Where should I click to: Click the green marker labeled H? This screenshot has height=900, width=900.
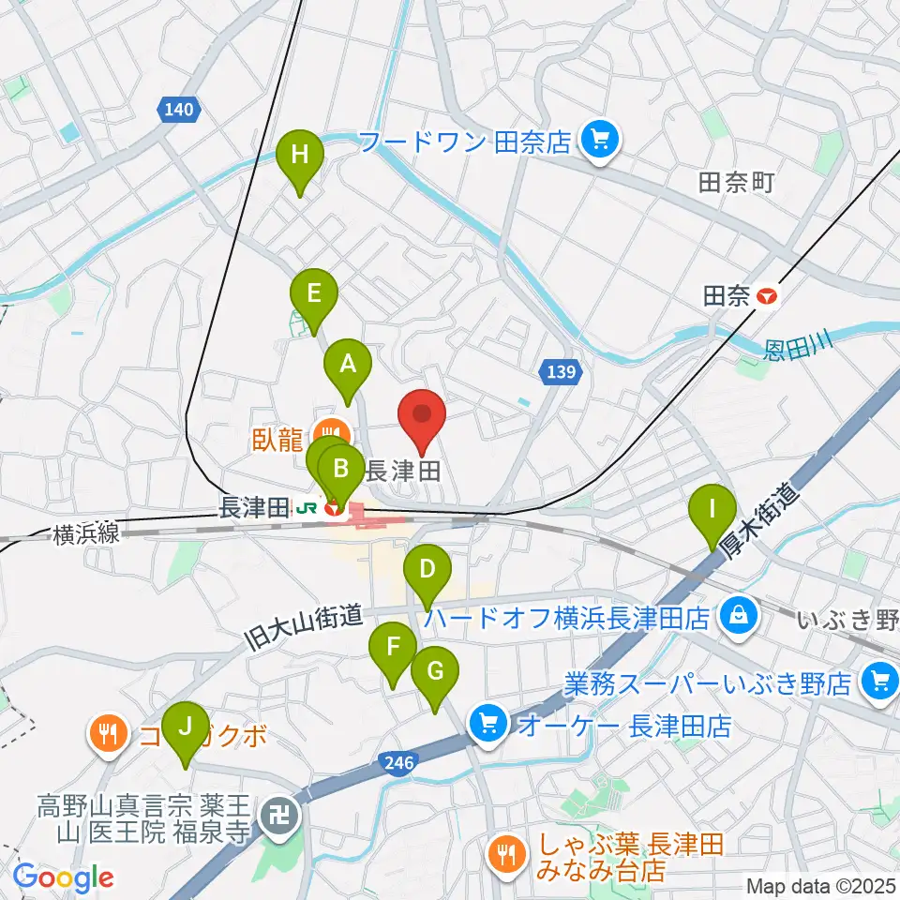[299, 155]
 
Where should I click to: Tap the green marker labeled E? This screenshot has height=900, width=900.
[313, 292]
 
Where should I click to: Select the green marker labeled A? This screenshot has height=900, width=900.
[348, 364]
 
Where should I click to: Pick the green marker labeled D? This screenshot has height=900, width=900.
[427, 569]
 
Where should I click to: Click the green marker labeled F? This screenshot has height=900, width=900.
[393, 647]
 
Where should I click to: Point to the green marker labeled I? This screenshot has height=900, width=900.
[712, 510]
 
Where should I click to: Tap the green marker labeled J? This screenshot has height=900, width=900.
[185, 727]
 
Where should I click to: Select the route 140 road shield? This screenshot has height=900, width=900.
[178, 111]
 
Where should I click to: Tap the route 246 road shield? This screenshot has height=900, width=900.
[399, 764]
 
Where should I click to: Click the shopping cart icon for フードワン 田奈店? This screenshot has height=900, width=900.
[596, 142]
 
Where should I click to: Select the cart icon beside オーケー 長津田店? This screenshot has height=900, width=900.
[487, 722]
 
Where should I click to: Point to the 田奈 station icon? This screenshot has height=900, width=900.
[768, 297]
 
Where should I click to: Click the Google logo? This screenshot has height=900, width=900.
[63, 877]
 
